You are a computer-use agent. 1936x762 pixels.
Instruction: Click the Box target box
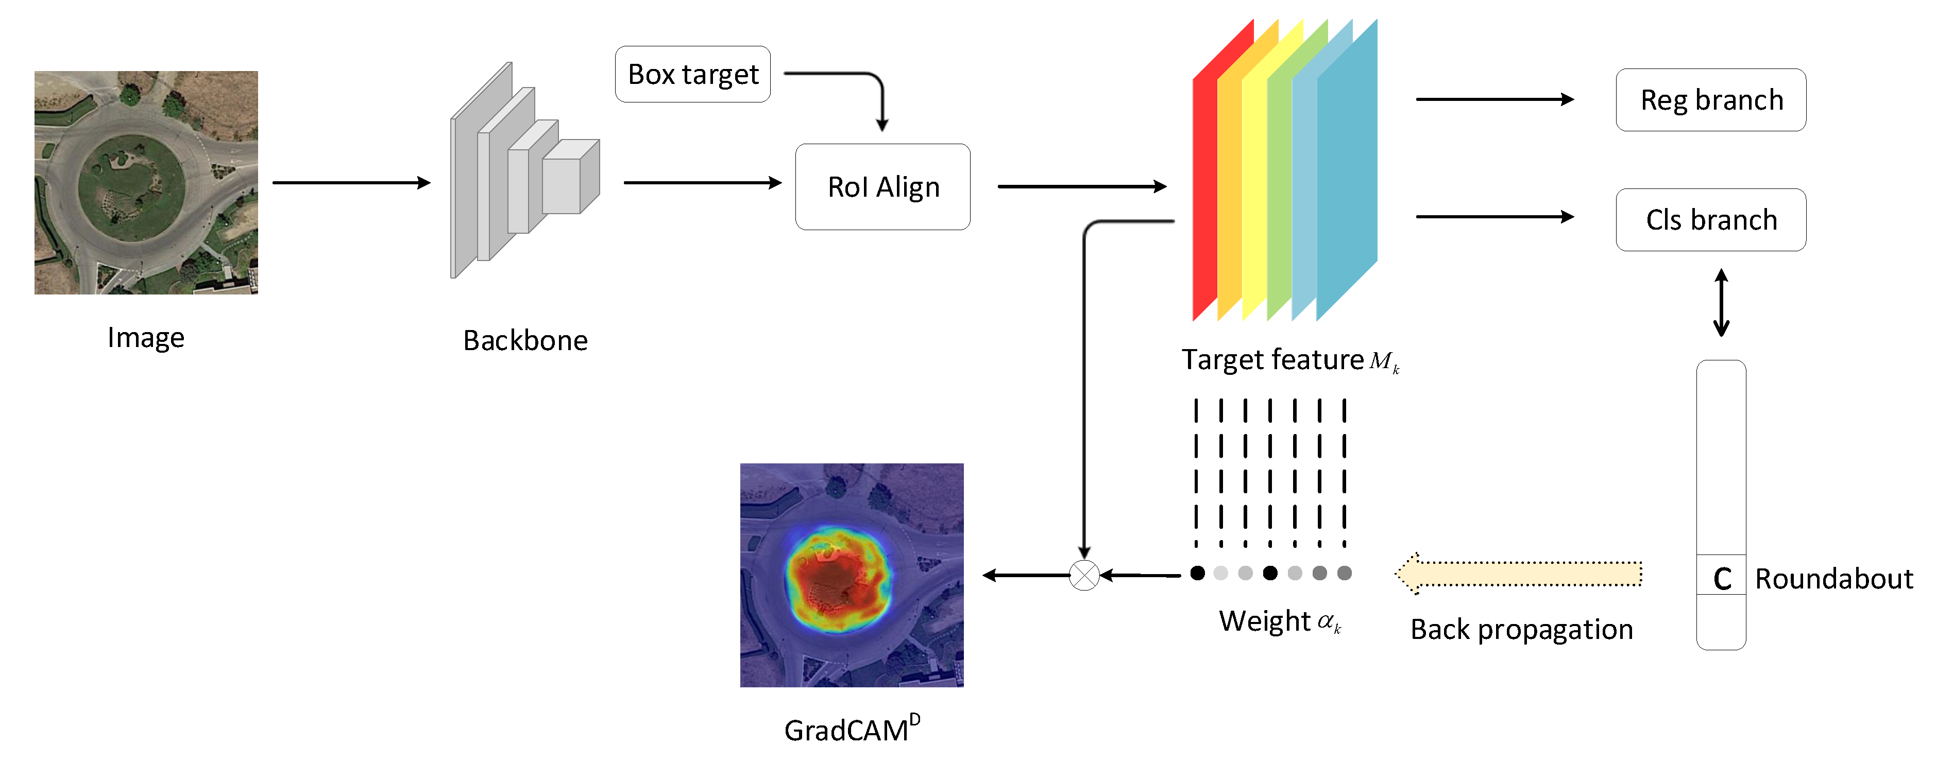click(x=692, y=74)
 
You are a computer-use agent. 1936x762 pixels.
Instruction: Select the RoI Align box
click(x=882, y=186)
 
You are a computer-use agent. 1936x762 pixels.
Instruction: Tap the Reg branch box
click(x=1710, y=100)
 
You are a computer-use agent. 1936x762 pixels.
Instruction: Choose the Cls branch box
click(x=1710, y=219)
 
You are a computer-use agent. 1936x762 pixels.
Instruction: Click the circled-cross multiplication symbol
click(x=1084, y=576)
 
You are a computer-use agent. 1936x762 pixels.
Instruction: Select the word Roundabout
click(x=1834, y=579)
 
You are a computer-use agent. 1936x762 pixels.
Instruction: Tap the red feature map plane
click(x=1205, y=195)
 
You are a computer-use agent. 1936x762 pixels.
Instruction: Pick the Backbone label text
click(x=525, y=340)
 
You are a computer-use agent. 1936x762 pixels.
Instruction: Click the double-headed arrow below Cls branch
click(x=1721, y=303)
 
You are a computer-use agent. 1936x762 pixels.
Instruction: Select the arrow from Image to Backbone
click(x=351, y=183)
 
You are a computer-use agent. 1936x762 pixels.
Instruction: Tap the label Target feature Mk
click(x=1289, y=360)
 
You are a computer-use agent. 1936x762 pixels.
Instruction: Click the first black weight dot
click(x=1198, y=574)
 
